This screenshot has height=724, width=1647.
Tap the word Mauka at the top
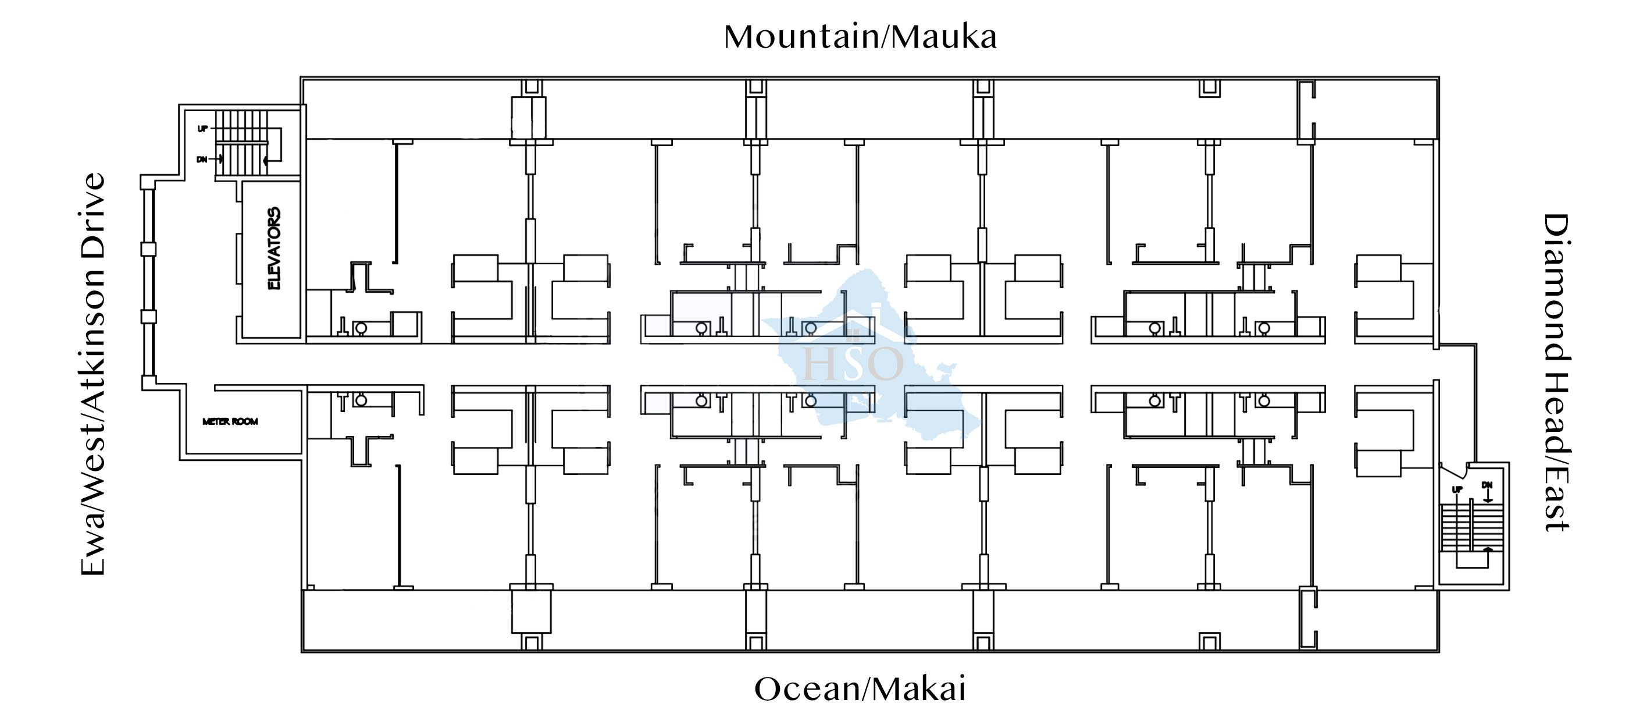click(944, 37)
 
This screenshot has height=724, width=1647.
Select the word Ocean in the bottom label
click(807, 690)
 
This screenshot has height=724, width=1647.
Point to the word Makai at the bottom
click(919, 690)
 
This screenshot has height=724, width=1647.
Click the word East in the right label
click(1556, 508)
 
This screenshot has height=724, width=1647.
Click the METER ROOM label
click(230, 421)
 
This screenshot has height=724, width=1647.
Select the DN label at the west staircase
click(202, 159)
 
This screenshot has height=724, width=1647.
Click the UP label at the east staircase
click(1457, 490)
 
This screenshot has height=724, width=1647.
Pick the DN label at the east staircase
click(1487, 485)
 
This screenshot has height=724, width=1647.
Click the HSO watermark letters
click(853, 363)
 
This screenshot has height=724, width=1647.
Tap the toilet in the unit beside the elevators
click(361, 328)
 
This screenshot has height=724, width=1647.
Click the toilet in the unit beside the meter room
click(361, 400)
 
